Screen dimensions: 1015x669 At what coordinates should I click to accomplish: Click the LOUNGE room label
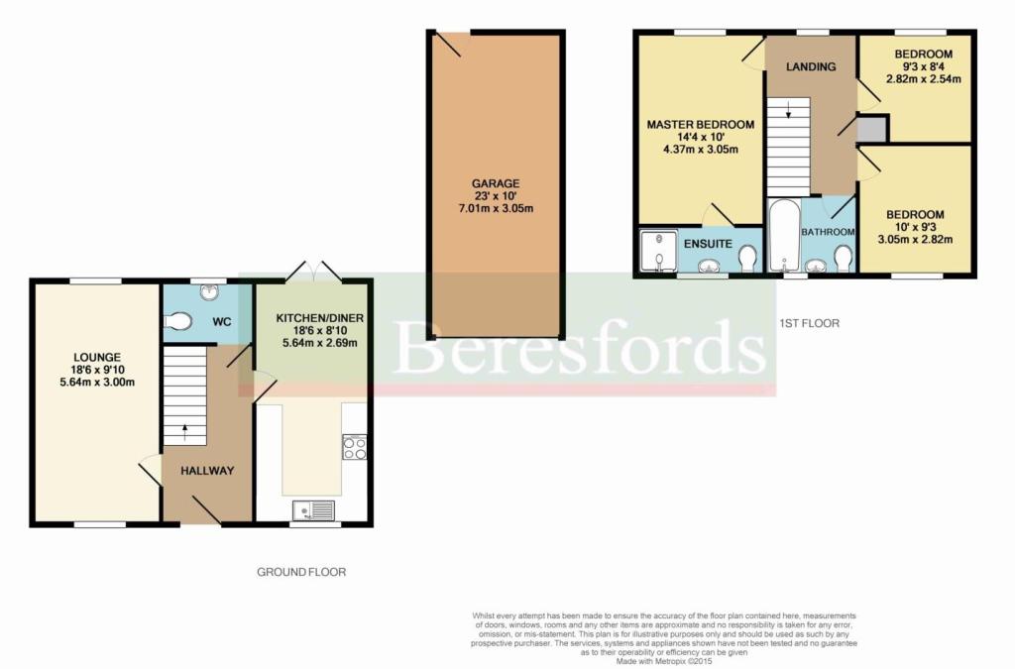97,357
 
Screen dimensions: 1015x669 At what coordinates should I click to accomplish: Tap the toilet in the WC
177,321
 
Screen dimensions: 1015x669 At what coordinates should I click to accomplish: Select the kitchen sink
314,510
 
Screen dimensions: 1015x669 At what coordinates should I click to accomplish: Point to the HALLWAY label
207,471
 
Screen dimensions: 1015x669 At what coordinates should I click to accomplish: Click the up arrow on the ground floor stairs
185,431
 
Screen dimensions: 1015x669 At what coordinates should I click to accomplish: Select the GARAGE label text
496,183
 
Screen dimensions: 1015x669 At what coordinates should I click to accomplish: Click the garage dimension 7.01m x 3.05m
496,208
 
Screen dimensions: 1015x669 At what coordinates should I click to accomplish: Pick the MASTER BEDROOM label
701,125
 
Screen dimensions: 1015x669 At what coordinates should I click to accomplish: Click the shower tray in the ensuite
658,251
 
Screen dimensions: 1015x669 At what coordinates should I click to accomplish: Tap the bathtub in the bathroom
785,236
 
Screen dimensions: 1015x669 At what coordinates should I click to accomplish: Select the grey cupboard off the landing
872,129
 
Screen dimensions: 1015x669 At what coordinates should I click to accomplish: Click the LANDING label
811,66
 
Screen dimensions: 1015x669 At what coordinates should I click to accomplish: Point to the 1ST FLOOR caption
809,323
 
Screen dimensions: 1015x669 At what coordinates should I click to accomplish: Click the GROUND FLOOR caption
301,572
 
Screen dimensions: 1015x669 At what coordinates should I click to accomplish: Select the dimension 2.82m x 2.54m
923,79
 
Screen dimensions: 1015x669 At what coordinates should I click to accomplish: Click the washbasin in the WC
208,291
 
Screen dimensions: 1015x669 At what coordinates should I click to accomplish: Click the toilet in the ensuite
748,259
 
